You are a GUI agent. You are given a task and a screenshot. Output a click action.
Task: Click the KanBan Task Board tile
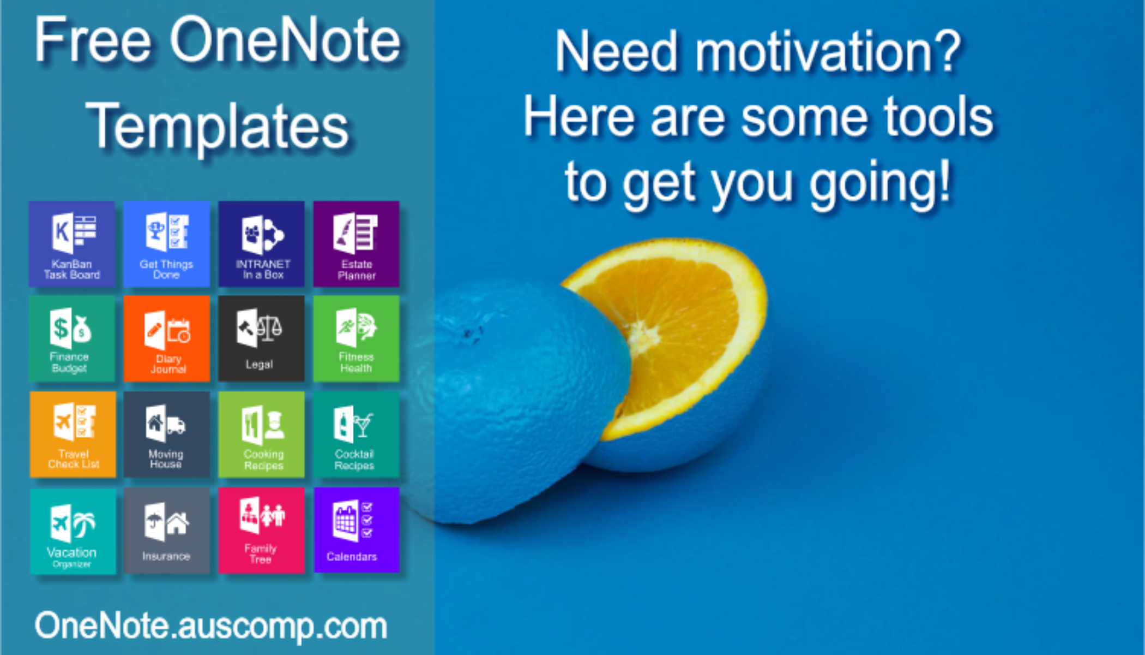(x=72, y=244)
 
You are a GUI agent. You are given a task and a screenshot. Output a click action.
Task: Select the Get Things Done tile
(x=167, y=244)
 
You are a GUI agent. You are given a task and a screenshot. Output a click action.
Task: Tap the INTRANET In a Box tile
(x=262, y=244)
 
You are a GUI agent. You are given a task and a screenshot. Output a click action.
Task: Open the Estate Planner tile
(x=357, y=244)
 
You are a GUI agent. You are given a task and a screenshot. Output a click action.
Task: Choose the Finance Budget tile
(x=72, y=339)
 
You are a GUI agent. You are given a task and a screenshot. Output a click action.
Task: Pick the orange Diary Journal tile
(x=167, y=339)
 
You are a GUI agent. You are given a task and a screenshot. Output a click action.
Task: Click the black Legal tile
(x=262, y=339)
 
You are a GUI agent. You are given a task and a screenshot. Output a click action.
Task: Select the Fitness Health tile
(x=357, y=339)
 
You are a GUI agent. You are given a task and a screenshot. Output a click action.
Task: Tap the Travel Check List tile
(x=73, y=434)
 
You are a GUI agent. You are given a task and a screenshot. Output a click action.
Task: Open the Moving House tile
(x=167, y=434)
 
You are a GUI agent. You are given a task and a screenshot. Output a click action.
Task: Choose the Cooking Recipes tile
(x=262, y=434)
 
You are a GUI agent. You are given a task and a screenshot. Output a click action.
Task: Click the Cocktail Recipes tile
(x=357, y=434)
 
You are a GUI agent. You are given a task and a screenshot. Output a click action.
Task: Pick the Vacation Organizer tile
(x=73, y=531)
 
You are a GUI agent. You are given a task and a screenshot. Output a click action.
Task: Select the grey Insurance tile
(x=167, y=531)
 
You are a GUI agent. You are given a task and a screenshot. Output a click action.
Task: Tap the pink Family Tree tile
(x=262, y=531)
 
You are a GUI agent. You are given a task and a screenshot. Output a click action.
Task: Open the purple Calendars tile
(x=357, y=531)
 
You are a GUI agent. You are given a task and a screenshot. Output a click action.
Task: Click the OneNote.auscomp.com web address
(x=211, y=626)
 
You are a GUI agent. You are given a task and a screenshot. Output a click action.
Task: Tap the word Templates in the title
(x=218, y=127)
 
